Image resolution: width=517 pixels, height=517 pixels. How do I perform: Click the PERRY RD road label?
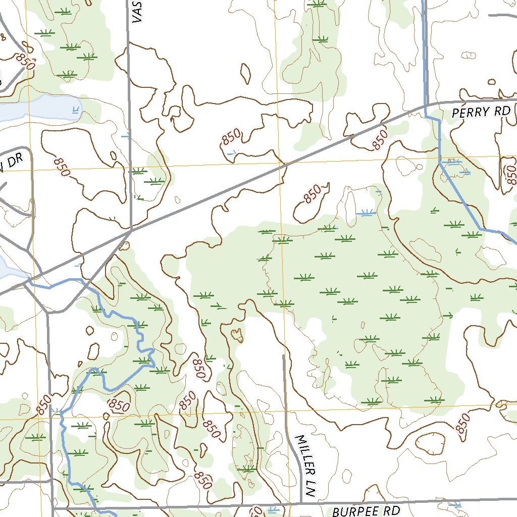pos(481,112)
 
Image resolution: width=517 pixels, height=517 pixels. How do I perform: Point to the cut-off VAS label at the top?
pos(136,11)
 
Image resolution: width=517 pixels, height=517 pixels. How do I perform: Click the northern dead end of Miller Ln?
pos(284,355)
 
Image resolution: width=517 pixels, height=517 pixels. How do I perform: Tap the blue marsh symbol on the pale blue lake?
pos(76,109)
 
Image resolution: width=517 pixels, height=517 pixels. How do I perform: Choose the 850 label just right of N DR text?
pos(61,167)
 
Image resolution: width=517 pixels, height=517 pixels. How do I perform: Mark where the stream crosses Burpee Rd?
pos(96,506)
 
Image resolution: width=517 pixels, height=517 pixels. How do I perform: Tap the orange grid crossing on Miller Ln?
pos(287,410)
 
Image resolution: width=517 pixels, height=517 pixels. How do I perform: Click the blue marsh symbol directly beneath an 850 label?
pos(232,151)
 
